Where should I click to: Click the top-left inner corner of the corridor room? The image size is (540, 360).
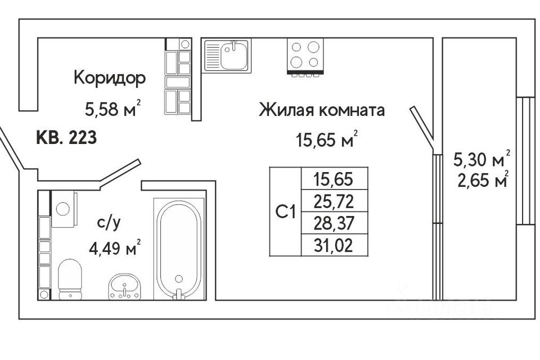38,38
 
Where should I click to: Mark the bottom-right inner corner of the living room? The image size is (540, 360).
433,299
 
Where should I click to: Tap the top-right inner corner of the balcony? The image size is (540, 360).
516,38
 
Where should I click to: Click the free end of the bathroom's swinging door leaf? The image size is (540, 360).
139,160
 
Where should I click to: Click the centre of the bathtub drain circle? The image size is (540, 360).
178,278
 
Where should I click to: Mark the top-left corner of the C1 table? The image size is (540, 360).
269,168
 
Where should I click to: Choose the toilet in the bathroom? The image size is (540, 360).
70,279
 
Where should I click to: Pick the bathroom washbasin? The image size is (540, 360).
124,286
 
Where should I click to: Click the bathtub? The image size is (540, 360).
179,249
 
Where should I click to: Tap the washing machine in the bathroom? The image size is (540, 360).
64,209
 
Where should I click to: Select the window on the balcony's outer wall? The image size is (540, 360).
525,160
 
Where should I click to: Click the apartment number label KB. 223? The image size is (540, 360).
66,138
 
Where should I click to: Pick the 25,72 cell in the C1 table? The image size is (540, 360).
334,201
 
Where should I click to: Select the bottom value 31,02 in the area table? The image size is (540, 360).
334,246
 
